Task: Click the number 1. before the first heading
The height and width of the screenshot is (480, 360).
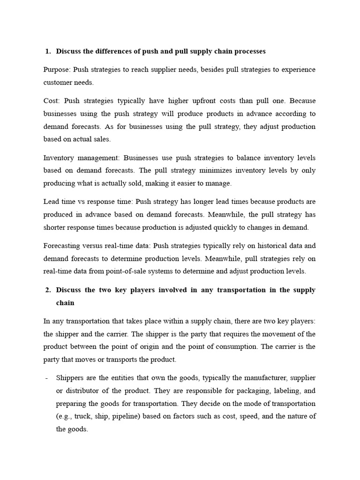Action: [x=48, y=51]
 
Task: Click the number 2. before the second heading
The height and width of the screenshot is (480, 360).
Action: [x=48, y=290]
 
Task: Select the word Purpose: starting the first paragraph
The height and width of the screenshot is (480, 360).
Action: [x=57, y=69]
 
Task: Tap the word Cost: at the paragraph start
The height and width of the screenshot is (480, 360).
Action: [x=52, y=100]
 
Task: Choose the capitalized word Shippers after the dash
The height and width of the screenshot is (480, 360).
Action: [x=70, y=378]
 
